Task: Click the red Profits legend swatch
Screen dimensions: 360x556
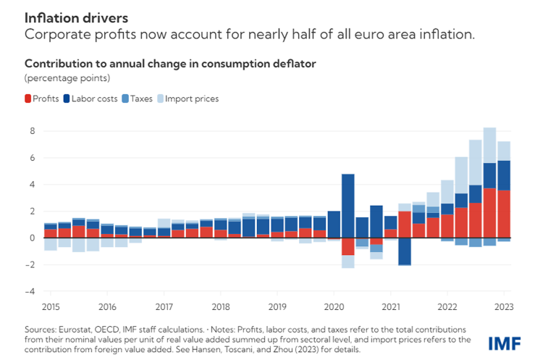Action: coord(28,99)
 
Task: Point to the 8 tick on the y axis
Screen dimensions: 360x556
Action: coord(32,131)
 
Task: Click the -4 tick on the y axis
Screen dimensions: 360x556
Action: coord(30,291)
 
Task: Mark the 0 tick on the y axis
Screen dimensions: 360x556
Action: coord(32,238)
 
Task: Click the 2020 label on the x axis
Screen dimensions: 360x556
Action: coord(333,306)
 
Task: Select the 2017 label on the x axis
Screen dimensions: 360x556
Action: coord(164,306)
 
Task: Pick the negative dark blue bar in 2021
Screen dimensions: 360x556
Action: coord(405,251)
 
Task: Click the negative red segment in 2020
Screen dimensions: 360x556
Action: coord(347,246)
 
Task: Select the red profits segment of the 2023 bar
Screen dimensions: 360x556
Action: coord(504,214)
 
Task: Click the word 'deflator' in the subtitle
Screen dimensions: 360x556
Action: coord(292,64)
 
